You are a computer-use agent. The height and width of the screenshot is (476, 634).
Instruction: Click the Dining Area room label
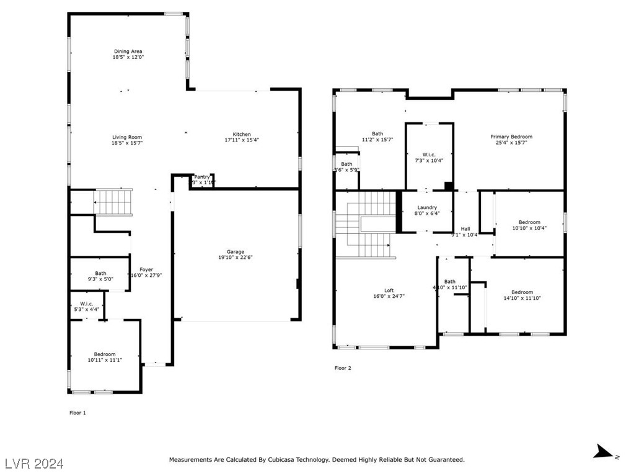tap(128, 52)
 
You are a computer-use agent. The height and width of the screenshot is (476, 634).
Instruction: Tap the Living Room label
tap(126, 137)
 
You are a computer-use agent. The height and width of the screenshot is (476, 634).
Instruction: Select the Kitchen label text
tap(242, 135)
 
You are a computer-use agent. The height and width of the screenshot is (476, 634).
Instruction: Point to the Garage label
tap(235, 252)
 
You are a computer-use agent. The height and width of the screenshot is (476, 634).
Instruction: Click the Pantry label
tap(202, 177)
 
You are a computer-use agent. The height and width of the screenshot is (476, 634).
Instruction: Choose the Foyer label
tap(146, 269)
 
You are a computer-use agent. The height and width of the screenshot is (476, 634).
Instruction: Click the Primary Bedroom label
tap(511, 137)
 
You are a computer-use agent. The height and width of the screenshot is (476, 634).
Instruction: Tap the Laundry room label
tap(427, 208)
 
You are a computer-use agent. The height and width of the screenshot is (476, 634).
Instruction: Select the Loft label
tap(389, 290)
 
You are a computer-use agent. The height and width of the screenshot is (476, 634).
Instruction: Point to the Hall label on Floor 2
tap(465, 229)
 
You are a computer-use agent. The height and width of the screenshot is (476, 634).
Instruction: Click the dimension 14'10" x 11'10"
tap(522, 299)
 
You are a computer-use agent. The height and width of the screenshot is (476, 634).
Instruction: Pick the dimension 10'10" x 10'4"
tap(529, 228)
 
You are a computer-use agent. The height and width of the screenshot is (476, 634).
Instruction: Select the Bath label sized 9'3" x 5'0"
tap(100, 273)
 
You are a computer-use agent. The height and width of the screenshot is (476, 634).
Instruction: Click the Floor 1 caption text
tap(77, 412)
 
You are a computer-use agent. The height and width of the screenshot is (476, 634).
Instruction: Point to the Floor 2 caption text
tap(343, 368)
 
